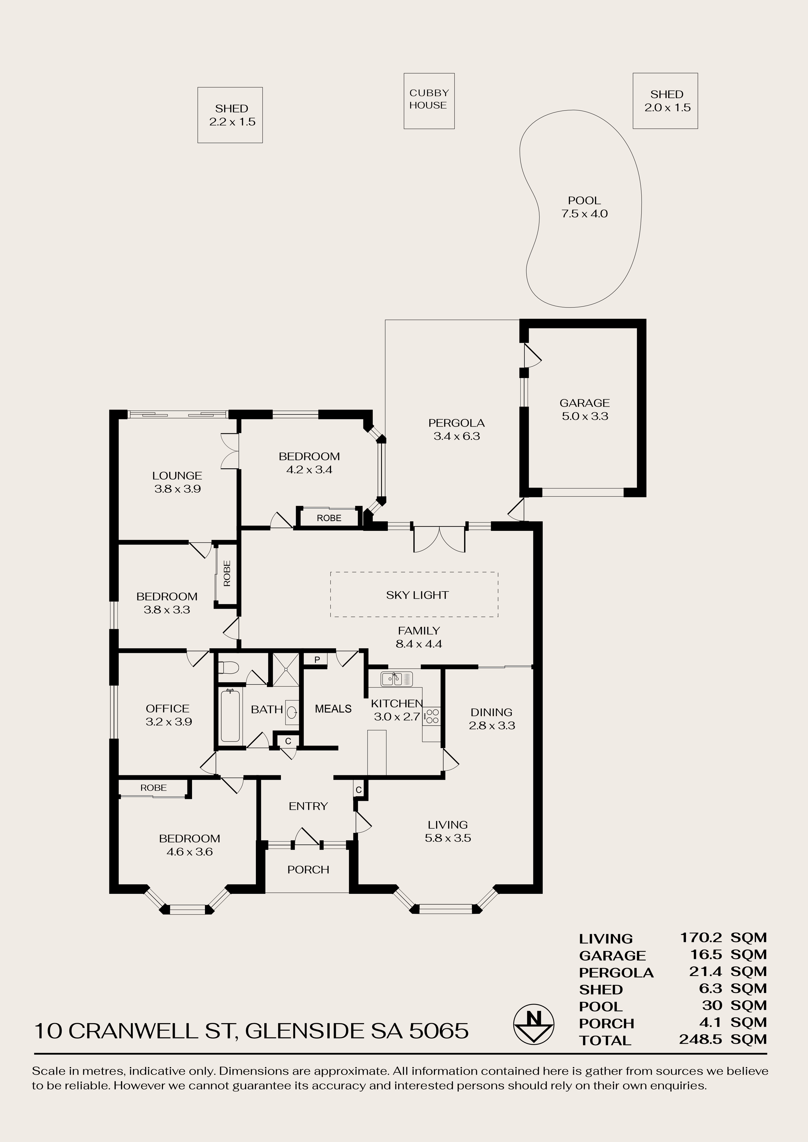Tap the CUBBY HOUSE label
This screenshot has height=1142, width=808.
pyautogui.click(x=429, y=99)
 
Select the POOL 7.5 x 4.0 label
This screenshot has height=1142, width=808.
pyautogui.click(x=585, y=207)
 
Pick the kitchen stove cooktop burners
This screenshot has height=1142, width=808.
pyautogui.click(x=431, y=716)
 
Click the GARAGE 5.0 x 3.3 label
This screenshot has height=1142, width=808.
pyautogui.click(x=585, y=409)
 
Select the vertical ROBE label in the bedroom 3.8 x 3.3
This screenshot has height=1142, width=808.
pyautogui.click(x=227, y=573)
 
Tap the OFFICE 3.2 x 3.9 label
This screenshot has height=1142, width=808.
pyautogui.click(x=168, y=715)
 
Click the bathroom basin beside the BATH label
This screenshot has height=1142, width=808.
pyautogui.click(x=292, y=710)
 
